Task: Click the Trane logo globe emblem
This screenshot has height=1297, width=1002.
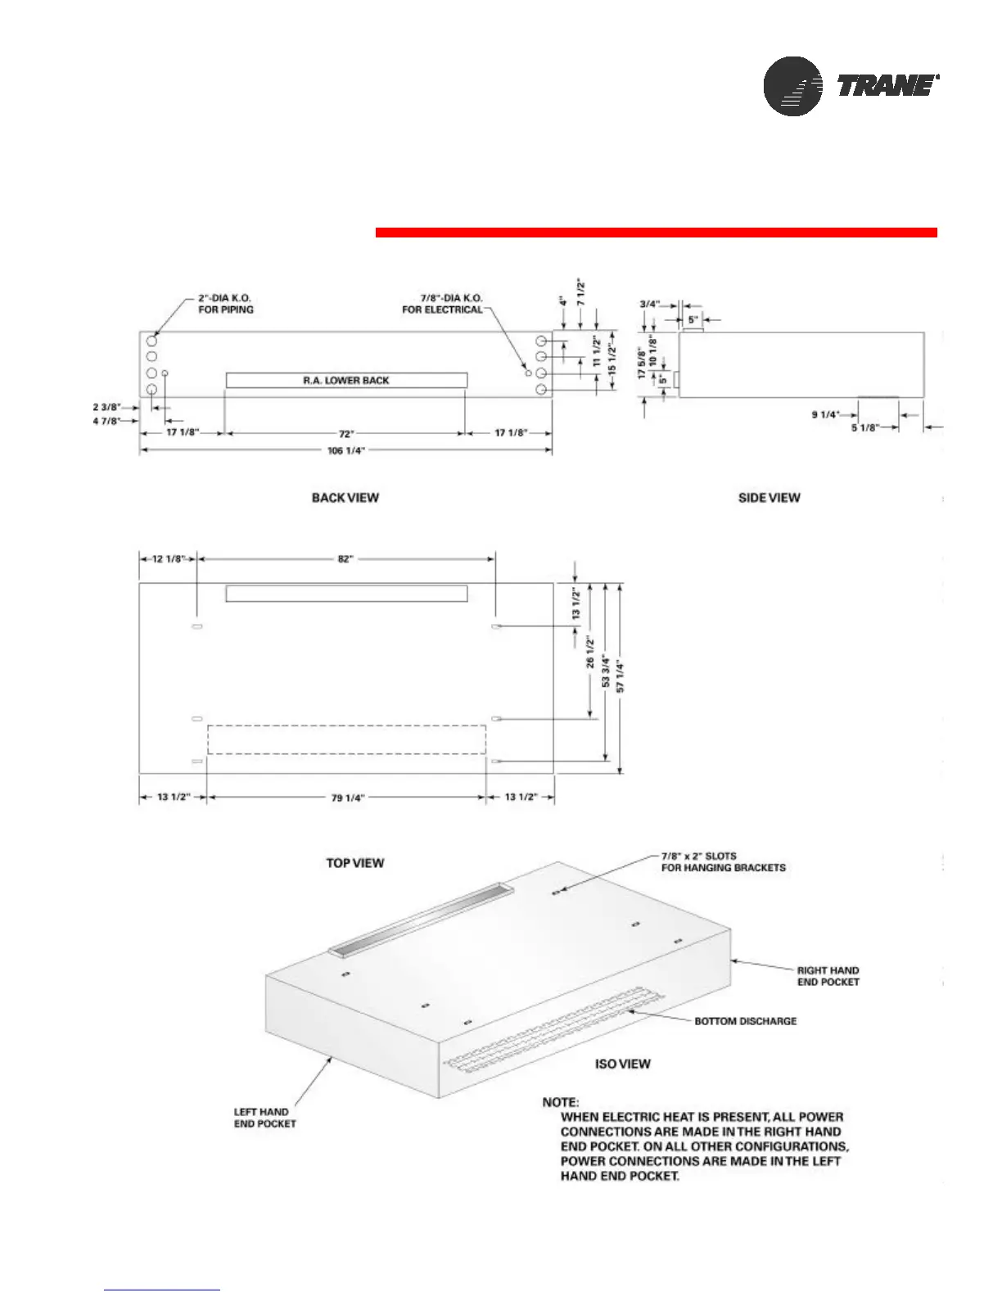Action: (792, 86)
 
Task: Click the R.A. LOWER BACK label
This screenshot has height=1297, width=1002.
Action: (346, 381)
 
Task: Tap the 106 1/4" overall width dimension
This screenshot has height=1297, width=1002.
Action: (345, 451)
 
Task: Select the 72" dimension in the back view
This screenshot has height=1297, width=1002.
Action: (345, 433)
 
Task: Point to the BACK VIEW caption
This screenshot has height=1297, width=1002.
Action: (345, 498)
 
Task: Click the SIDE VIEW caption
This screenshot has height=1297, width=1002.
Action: (769, 498)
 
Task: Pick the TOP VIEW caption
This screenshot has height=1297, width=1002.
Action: (354, 863)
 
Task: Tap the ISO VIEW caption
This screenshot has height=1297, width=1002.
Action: (622, 1064)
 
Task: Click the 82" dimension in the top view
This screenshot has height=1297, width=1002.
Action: (345, 559)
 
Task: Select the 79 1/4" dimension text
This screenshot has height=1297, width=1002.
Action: (347, 798)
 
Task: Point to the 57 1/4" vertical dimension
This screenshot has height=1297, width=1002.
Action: (621, 676)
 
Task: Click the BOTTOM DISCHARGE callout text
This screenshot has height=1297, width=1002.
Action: (745, 1021)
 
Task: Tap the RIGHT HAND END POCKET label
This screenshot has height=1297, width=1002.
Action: (828, 976)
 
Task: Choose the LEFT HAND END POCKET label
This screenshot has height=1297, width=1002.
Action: (264, 1118)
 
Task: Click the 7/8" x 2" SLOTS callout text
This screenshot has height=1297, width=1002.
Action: (723, 862)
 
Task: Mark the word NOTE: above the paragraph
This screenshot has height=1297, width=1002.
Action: (560, 1102)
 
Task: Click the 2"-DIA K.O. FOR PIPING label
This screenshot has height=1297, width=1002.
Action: (225, 304)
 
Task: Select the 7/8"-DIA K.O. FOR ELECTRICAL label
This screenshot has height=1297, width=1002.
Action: (442, 304)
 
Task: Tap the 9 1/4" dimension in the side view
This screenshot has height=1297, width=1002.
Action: (825, 415)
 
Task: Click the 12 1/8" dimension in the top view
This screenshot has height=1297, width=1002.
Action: (168, 559)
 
